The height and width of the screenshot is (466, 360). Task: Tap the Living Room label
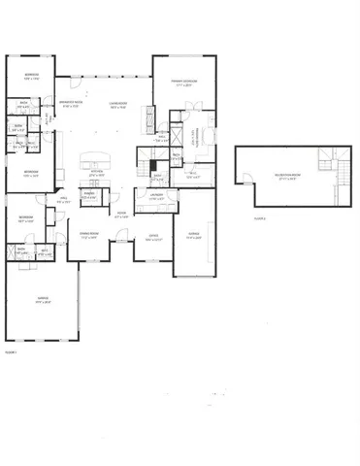click(119, 104)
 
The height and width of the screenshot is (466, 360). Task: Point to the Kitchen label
click(97, 173)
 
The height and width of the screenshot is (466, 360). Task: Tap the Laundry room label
click(156, 198)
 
